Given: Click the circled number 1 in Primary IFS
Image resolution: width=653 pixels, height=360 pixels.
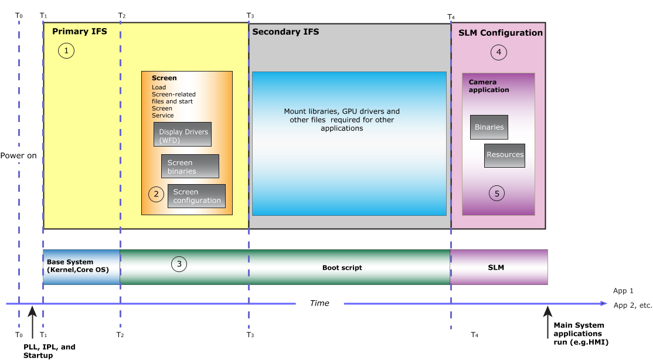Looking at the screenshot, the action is pos(66,51).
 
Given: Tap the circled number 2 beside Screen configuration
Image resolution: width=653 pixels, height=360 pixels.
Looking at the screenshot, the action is pos(156,193).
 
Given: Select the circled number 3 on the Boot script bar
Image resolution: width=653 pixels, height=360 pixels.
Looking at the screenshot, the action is pos(179,264).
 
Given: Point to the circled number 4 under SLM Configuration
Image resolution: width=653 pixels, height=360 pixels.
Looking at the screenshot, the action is pos(498,53).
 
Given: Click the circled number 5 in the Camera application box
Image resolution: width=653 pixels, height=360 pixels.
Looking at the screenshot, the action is pos(497,193).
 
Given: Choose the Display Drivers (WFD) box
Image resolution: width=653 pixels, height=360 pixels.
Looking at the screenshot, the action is pos(182,134).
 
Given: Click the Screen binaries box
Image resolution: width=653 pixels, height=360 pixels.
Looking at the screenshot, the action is pos(190,167).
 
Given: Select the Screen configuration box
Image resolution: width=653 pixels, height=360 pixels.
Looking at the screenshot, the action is pos(196,196).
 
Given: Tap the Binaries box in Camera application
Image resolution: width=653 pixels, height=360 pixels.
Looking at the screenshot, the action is pos(489,127).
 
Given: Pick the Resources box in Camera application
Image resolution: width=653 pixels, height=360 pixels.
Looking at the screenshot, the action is pos(505,155).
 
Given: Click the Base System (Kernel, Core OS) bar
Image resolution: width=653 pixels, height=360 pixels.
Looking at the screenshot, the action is pos(81,267).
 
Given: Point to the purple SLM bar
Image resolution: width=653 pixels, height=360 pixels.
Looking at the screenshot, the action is pos(499,267).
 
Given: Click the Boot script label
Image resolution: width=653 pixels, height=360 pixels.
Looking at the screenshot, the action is pos(342,267).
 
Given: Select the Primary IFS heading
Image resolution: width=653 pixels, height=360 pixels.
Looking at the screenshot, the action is pos(80,31).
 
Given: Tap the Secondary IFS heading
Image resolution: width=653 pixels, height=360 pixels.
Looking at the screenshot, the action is pos(285,32).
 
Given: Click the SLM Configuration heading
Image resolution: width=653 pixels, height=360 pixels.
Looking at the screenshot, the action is pos(501,33).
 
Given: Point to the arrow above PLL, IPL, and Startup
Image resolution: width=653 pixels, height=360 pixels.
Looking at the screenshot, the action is pos(32,322).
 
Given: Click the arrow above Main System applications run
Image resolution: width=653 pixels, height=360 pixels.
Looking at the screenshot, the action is pos(547,322).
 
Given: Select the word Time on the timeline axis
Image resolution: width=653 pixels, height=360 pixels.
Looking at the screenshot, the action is pos(319,303).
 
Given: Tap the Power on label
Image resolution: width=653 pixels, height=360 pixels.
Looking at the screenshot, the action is pos(18,155).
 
